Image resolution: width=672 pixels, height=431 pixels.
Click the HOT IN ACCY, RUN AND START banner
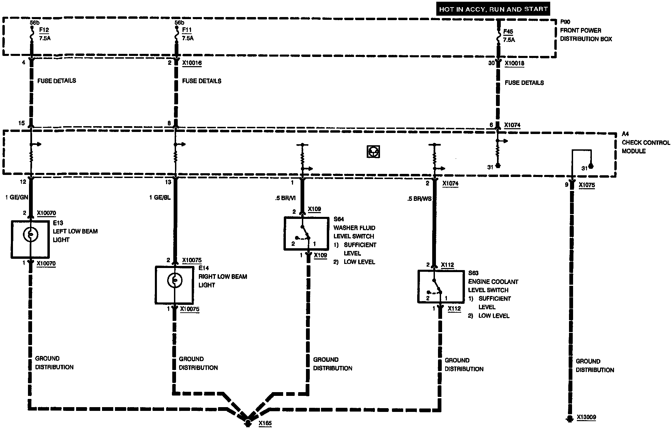493,9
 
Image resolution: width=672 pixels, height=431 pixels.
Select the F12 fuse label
44,30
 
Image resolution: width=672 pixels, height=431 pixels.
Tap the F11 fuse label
187,30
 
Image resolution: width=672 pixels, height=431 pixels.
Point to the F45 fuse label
508,32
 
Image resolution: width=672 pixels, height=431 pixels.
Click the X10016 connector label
192,63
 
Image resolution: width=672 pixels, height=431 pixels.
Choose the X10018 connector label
514,63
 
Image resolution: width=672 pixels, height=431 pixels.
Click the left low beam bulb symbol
30,235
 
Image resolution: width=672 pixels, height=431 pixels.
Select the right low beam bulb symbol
175,281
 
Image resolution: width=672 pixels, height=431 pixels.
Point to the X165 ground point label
265,423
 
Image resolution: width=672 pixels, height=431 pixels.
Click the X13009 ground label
586,417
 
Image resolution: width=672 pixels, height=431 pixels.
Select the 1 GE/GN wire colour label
17,197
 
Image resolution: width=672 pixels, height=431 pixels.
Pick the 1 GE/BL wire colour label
160,197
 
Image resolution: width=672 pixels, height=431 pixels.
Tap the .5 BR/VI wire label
285,198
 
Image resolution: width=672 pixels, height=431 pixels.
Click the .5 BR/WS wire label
419,198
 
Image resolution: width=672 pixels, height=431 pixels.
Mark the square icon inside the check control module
373,151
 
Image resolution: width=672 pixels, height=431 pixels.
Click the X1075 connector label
587,185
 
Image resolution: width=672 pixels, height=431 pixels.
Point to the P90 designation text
565,22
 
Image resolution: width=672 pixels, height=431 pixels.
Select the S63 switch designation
473,273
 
